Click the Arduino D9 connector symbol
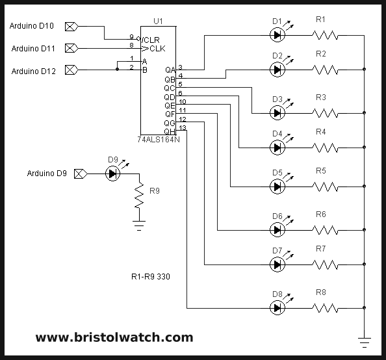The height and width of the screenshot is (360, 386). [x=81, y=174]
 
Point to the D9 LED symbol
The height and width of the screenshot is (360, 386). [x=113, y=174]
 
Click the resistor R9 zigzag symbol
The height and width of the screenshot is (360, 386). [x=138, y=196]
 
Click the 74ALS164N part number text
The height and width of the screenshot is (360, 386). [x=159, y=139]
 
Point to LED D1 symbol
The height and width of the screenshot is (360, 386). [x=277, y=35]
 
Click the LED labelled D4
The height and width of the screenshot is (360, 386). [x=277, y=148]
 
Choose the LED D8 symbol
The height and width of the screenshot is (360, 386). [x=277, y=307]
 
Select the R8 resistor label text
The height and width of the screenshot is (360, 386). [x=320, y=292]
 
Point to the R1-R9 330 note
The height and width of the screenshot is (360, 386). [x=151, y=276]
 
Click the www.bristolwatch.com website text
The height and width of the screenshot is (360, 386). [x=114, y=337]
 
